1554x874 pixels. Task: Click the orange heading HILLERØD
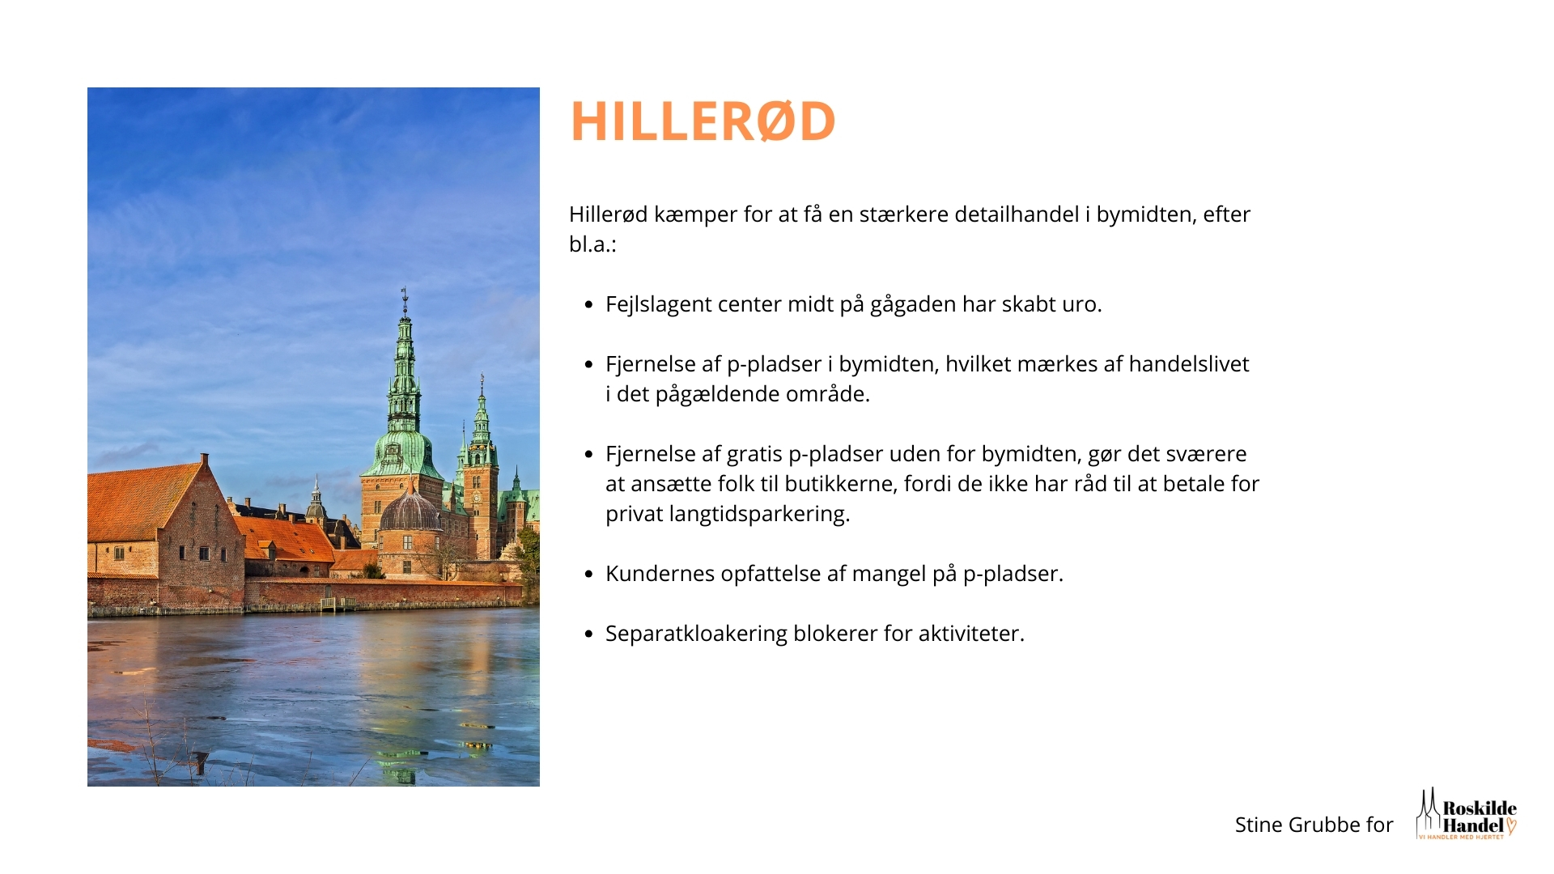click(703, 121)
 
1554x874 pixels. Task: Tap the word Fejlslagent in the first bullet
click(647, 305)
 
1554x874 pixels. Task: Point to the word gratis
click(754, 455)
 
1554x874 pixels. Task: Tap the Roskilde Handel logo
click(1466, 814)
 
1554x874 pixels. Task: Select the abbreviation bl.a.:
click(592, 244)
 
